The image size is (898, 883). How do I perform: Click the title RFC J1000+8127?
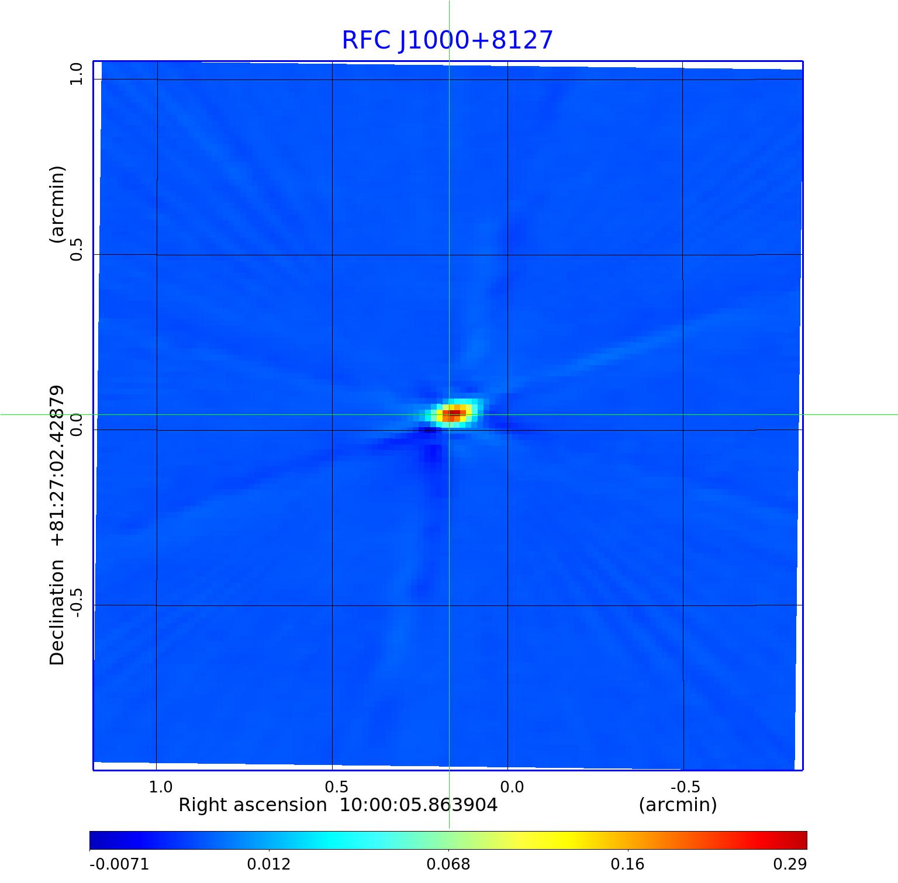447,40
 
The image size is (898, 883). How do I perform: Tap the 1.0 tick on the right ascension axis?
161,787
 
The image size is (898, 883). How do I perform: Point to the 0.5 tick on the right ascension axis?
336,787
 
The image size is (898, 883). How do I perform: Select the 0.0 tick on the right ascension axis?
512,787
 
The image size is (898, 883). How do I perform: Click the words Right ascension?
252,805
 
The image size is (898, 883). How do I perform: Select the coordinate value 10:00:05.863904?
419,805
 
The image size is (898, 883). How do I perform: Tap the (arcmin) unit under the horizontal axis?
678,805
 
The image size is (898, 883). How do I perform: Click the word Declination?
57,612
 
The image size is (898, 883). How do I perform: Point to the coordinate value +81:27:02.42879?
57,466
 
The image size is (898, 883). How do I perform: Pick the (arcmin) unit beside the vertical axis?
57,205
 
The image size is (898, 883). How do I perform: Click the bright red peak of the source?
454,413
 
